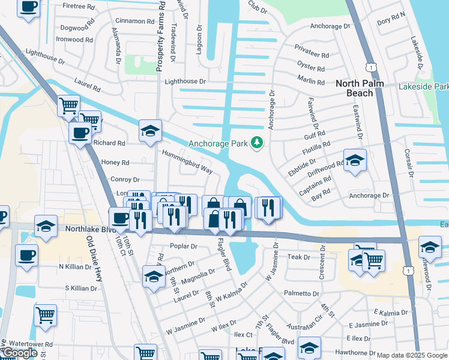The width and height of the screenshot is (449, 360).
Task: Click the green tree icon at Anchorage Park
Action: (258, 142)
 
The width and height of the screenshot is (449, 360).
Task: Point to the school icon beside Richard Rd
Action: (150, 130)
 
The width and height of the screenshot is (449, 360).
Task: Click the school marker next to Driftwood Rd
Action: (355, 160)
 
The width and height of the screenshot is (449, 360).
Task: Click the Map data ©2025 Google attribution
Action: (412, 355)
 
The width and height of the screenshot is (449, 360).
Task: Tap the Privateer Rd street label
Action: (312, 55)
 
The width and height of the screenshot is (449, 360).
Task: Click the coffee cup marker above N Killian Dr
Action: (26, 255)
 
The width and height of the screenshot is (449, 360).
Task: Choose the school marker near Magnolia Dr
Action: (154, 277)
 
